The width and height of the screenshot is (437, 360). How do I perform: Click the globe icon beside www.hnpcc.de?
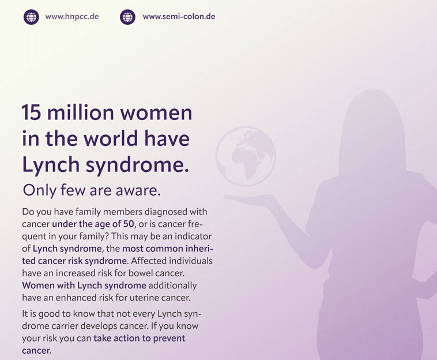pyautogui.click(x=31, y=17)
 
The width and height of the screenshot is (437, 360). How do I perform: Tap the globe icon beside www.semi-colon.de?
pyautogui.click(x=127, y=17)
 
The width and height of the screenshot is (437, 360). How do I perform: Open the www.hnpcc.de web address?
pyautogui.click(x=72, y=17)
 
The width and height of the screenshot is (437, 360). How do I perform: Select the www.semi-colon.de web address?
pyautogui.click(x=179, y=17)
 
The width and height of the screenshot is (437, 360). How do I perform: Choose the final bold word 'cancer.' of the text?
pyautogui.click(x=37, y=350)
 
